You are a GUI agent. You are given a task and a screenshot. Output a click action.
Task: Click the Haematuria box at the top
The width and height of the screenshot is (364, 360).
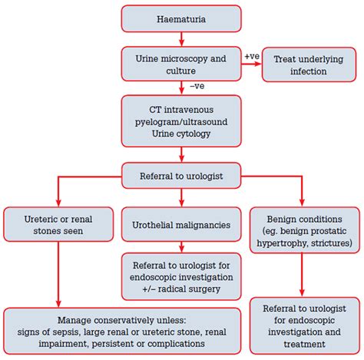click(181, 19)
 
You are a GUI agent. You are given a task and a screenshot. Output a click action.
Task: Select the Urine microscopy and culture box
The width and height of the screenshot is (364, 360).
click(181, 64)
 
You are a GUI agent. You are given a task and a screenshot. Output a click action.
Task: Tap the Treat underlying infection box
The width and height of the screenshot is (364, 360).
click(309, 64)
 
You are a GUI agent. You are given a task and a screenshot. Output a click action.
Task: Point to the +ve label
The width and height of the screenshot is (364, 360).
click(252, 56)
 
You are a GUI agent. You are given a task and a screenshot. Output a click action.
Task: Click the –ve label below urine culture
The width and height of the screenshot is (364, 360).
click(197, 86)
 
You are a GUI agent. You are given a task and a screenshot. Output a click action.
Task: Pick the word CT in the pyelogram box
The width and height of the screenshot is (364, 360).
click(155, 110)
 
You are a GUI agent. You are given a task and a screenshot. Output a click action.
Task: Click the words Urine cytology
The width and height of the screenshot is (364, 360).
click(181, 134)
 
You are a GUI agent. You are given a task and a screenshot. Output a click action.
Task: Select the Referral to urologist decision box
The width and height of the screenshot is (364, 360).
click(181, 176)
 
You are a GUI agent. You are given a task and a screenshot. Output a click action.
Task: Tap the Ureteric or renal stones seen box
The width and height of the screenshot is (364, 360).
click(58, 224)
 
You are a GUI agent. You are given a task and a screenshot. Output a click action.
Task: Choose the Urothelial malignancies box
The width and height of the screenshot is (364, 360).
click(181, 224)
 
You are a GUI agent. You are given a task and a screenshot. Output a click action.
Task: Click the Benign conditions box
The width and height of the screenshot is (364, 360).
click(305, 230)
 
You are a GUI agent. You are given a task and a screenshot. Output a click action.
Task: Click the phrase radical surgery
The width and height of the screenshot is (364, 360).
click(189, 289)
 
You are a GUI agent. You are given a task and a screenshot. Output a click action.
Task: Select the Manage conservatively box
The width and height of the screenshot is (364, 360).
click(122, 331)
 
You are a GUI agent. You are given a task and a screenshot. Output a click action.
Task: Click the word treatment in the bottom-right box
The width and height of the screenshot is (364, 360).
click(305, 344)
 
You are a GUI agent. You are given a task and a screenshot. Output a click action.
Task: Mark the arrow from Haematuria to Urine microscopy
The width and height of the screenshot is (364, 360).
click(181, 39)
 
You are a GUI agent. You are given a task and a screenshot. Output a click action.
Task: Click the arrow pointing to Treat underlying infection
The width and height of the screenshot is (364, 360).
click(252, 64)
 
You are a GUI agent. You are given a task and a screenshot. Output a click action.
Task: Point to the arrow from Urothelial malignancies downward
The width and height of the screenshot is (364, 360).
click(181, 247)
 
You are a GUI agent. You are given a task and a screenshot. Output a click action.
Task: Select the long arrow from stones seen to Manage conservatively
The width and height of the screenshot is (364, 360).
click(58, 275)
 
